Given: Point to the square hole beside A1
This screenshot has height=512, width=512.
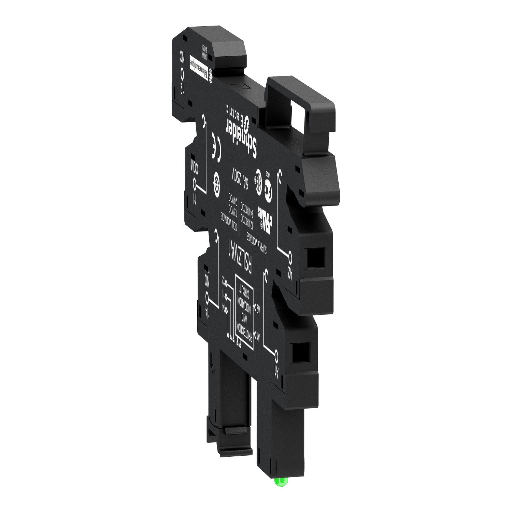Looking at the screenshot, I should pos(302,352).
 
